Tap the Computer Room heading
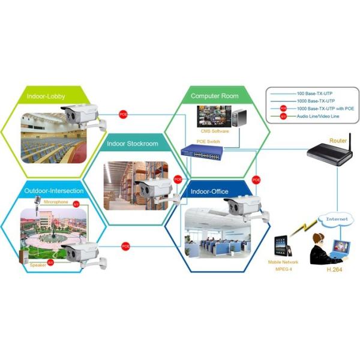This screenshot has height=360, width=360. click(214, 96)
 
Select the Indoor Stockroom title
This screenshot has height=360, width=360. click(132, 144)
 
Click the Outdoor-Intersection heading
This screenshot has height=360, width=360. click(54, 191)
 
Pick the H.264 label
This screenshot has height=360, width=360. click(334, 269)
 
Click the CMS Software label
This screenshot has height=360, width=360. click(213, 130)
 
